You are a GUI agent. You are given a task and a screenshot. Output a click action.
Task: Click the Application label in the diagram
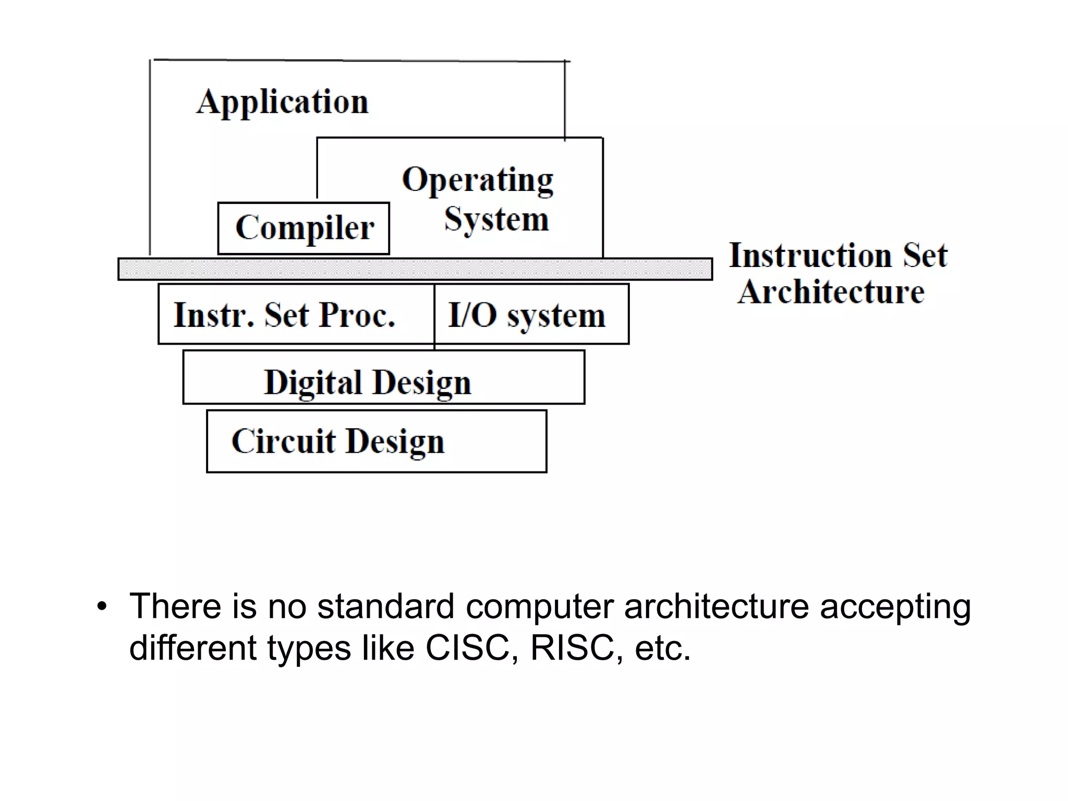click(x=282, y=102)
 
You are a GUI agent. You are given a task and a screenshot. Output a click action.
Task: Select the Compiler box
click(x=304, y=228)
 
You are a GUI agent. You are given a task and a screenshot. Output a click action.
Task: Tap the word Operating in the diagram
click(x=477, y=180)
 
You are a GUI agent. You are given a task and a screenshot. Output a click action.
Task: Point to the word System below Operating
click(x=496, y=219)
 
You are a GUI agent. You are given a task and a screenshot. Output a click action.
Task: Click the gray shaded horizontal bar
click(x=415, y=269)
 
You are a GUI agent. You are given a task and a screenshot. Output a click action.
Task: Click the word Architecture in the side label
click(x=831, y=292)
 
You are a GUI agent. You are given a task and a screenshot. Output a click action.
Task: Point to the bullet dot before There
click(x=102, y=607)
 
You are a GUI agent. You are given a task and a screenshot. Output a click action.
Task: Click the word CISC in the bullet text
click(x=467, y=648)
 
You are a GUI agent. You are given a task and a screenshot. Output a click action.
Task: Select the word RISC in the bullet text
click(x=572, y=648)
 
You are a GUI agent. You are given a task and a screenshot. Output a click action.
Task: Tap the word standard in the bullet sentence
click(x=385, y=606)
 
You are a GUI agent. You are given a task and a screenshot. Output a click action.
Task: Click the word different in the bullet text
click(x=193, y=648)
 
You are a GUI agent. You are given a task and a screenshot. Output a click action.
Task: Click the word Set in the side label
click(x=925, y=256)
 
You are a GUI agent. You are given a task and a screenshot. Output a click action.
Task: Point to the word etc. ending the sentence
click(x=662, y=648)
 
